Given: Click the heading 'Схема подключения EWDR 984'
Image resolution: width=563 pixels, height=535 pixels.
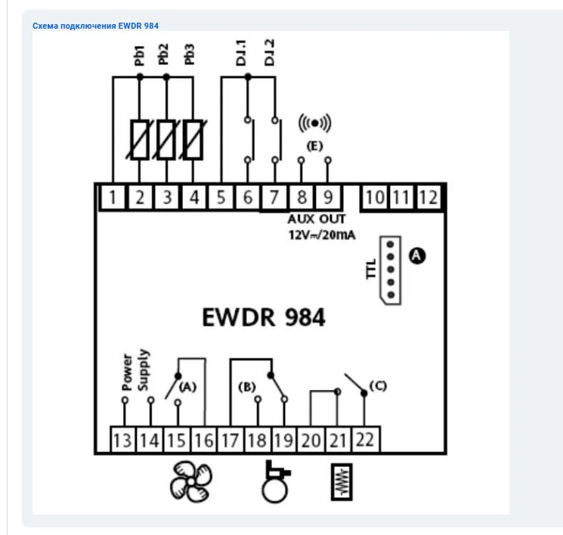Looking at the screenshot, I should coord(95,26).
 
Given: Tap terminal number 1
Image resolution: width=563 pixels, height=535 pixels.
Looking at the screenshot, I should coord(113,198).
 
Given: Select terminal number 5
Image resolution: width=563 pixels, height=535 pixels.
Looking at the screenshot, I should coord(221,198).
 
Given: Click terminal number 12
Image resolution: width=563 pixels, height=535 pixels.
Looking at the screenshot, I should coord(428,198).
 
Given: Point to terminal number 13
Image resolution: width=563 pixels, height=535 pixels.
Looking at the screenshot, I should coord(122,440).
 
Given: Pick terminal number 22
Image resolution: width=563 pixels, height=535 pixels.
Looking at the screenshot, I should coord(364,440).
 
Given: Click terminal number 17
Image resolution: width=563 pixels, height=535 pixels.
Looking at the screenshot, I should coord(229,440).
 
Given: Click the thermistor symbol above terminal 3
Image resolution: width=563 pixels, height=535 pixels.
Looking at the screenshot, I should coord(167,139).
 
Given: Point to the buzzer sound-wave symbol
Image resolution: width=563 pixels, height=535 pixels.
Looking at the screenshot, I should coord(315,122).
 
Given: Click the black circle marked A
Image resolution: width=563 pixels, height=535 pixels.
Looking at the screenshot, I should coord(416,255).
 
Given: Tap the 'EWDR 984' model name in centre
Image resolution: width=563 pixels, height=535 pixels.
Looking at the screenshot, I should coord(264,317).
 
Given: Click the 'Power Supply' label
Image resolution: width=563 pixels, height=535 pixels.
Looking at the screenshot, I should coord(135,370).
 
